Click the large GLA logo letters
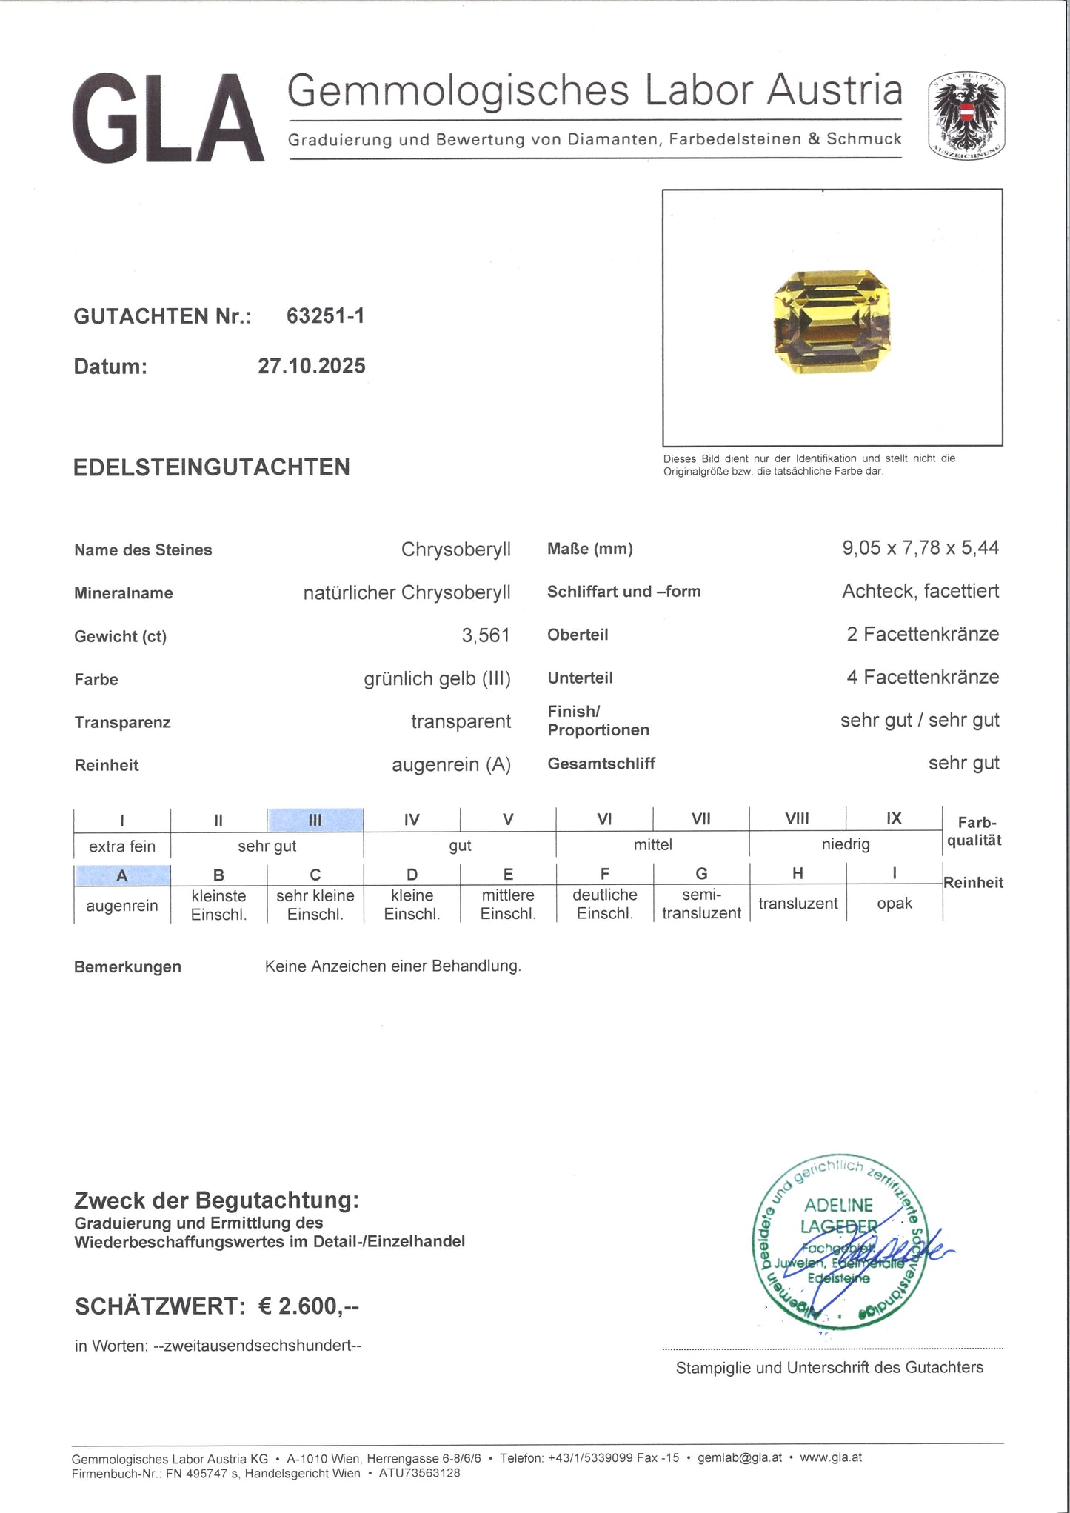[168, 118]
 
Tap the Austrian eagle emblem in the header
[966, 116]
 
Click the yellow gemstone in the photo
[832, 321]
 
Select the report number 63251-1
[325, 316]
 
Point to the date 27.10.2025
[311, 366]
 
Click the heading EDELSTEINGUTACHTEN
[211, 467]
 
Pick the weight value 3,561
[486, 635]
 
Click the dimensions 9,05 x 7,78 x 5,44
[920, 548]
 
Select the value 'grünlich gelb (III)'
[437, 678]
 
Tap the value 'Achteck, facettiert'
[920, 591]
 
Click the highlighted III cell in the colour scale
[315, 820]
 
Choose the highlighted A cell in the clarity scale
[122, 875]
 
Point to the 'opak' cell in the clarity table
[894, 904]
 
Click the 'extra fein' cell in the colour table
[122, 846]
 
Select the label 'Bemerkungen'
[127, 966]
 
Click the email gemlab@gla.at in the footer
[739, 1457]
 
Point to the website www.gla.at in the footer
[831, 1457]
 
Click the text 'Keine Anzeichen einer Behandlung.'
[392, 966]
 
